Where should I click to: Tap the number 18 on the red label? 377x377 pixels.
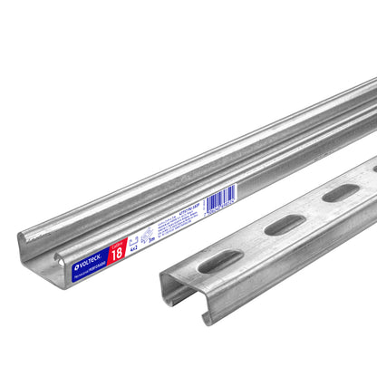click(x=117, y=255)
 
